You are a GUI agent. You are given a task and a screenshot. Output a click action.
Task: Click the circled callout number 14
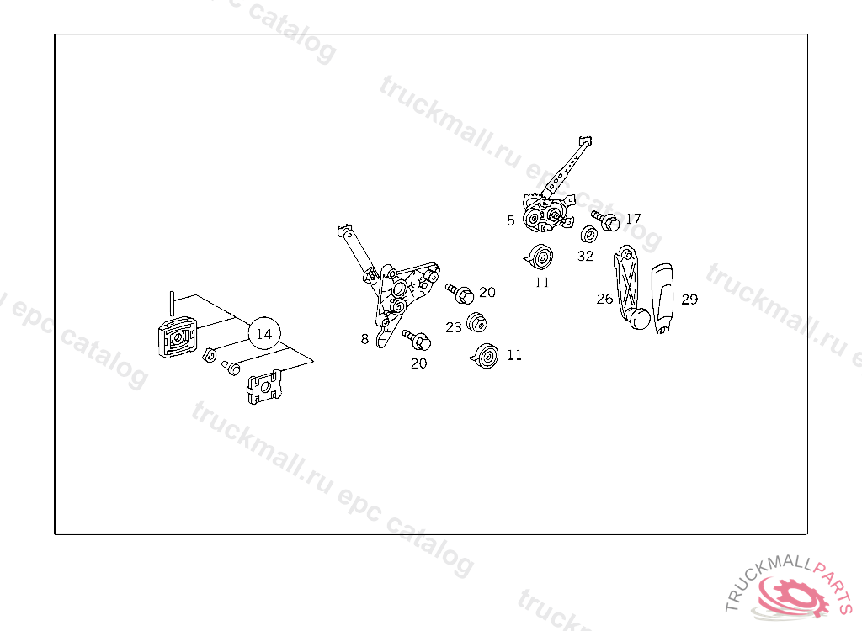point(263,334)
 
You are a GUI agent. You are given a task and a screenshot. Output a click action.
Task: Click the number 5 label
point(511,220)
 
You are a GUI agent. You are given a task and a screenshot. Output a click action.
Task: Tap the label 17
point(633,219)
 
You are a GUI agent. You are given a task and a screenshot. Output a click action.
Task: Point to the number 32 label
point(585,256)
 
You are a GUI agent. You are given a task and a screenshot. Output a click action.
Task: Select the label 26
point(604,299)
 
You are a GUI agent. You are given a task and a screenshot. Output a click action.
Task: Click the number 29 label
point(689,299)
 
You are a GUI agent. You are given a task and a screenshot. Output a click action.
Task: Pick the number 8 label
point(364,339)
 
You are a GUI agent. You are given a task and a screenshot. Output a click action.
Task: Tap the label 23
point(454,327)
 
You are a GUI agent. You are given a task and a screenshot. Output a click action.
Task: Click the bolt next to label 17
point(606,221)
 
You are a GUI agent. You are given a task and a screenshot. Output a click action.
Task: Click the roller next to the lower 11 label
point(485,356)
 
